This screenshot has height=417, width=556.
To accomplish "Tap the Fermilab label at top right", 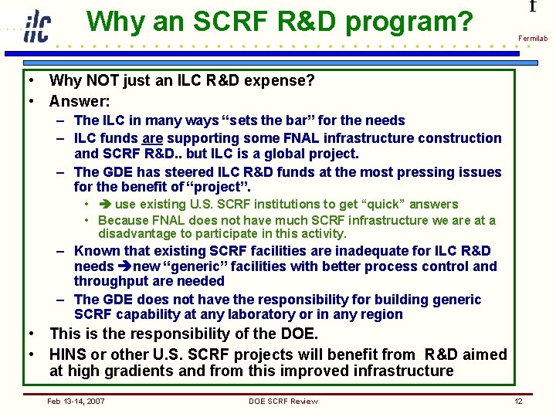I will (533, 38).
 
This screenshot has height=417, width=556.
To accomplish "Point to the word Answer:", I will (80, 101).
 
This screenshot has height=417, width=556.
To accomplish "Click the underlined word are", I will (152, 138).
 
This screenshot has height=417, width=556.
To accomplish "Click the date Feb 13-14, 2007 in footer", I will (76, 401).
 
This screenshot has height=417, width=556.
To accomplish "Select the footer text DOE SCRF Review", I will (283, 401).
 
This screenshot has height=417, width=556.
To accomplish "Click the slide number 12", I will (519, 401).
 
